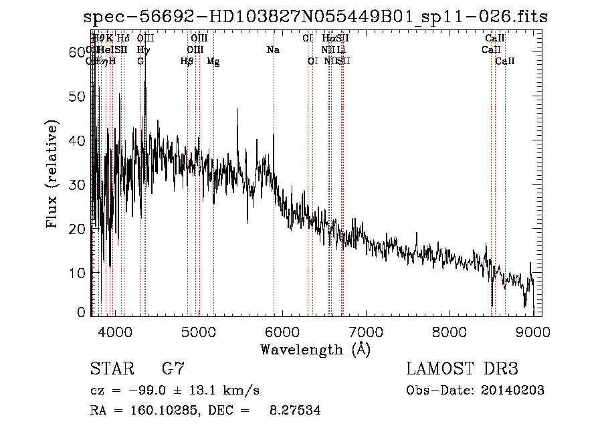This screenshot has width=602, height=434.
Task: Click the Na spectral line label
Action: [273, 50]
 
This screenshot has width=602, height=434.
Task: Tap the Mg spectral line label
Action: [213, 62]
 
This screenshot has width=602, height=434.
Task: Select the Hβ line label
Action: [187, 62]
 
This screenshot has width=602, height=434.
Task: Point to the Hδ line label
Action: [123, 39]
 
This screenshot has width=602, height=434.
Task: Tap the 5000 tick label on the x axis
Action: [199, 331]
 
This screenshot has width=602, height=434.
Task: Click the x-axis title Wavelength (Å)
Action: [315, 349]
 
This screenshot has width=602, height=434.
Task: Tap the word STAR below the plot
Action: [110, 369]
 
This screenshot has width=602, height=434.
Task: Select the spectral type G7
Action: [173, 369]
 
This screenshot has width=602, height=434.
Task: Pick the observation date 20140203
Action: [508, 391]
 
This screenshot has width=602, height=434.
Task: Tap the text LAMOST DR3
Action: [462, 369]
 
